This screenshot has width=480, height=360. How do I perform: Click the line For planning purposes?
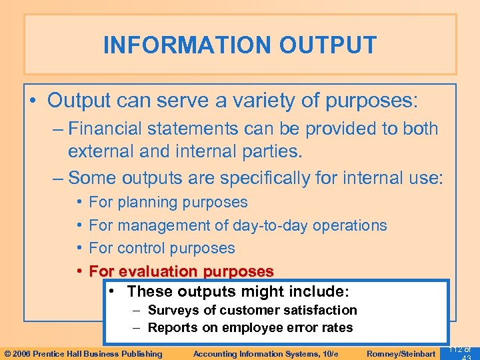pos(168,202)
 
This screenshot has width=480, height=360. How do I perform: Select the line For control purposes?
pos(162,248)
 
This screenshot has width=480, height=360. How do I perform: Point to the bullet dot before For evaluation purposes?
pos(79,271)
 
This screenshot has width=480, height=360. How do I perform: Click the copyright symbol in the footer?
pos(8,353)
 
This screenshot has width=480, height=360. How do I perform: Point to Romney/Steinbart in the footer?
pos(401,353)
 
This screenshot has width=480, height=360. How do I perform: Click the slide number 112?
pos(455,350)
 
